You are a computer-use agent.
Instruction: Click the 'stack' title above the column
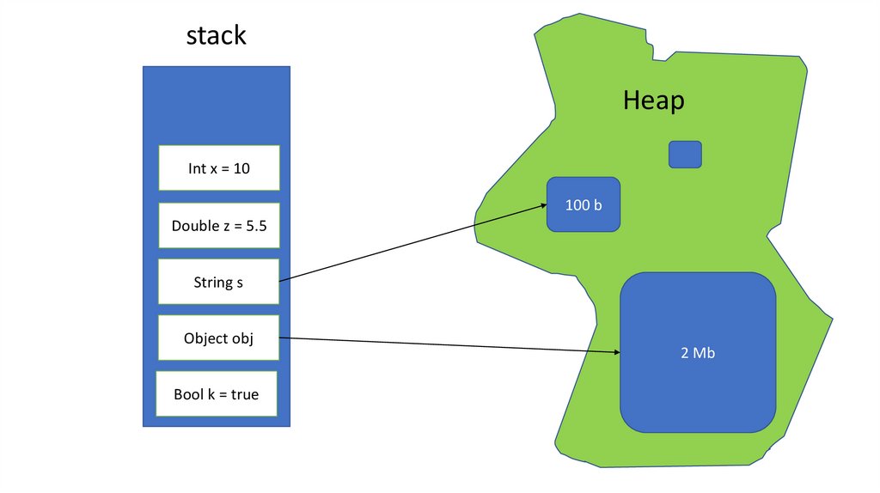pyautogui.click(x=217, y=35)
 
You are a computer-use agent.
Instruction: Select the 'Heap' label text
pyautogui.click(x=653, y=100)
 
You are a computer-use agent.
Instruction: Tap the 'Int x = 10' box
pyautogui.click(x=219, y=168)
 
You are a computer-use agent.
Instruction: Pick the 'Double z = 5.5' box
pyautogui.click(x=219, y=226)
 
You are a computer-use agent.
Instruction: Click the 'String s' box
pyautogui.click(x=219, y=282)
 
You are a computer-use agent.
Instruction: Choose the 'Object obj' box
pyautogui.click(x=219, y=338)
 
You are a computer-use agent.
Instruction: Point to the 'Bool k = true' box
pyautogui.click(x=217, y=395)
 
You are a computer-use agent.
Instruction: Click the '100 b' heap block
pyautogui.click(x=584, y=205)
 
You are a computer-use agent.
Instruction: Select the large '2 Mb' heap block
pyautogui.click(x=698, y=353)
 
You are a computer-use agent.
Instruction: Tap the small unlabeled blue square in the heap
pyautogui.click(x=685, y=155)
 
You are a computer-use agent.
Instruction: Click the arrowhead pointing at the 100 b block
pyautogui.click(x=544, y=205)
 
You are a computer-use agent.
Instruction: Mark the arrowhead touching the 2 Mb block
pyautogui.click(x=616, y=352)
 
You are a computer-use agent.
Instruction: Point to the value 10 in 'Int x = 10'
pyautogui.click(x=241, y=168)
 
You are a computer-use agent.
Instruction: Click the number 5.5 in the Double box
pyautogui.click(x=255, y=226)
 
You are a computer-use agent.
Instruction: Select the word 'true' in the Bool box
pyautogui.click(x=245, y=395)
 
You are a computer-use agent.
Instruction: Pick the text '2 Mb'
pyautogui.click(x=698, y=353)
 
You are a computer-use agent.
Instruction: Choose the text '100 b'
pyautogui.click(x=584, y=205)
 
